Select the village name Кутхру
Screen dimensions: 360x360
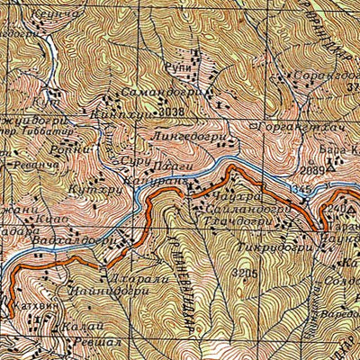tap(88, 191)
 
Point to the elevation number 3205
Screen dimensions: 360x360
tap(244, 272)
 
